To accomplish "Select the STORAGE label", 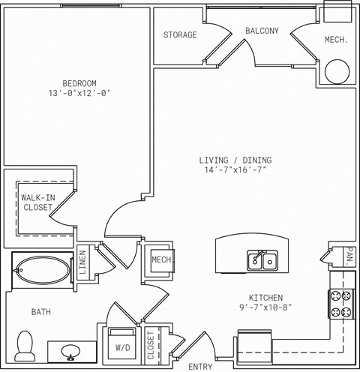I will click(x=180, y=35).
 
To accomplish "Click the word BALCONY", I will click(x=262, y=31).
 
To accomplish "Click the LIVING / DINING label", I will click(x=235, y=160).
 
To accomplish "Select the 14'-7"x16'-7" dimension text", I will click(x=235, y=171).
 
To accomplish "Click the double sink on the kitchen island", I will click(x=262, y=260).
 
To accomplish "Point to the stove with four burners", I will click(x=340, y=304).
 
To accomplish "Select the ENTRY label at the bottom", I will click(x=200, y=366).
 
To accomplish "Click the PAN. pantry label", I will click(x=350, y=256).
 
